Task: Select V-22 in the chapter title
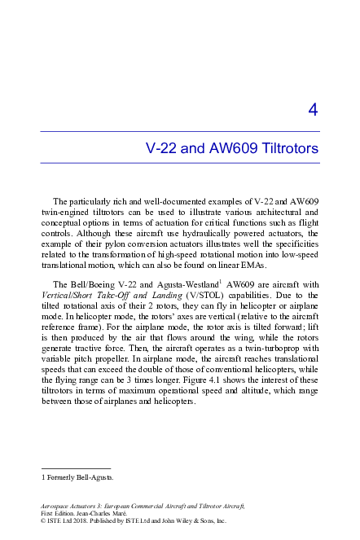click(160, 149)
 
